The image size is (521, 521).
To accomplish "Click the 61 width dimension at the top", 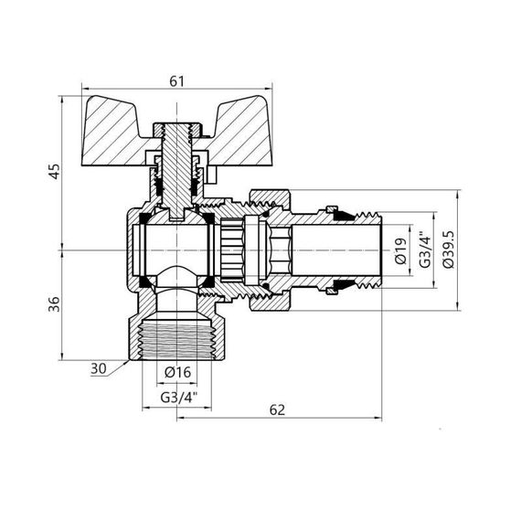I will pyautogui.click(x=177, y=81).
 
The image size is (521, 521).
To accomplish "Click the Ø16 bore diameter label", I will pyautogui.click(x=178, y=372).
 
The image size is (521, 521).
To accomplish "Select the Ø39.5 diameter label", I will pyautogui.click(x=447, y=250).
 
